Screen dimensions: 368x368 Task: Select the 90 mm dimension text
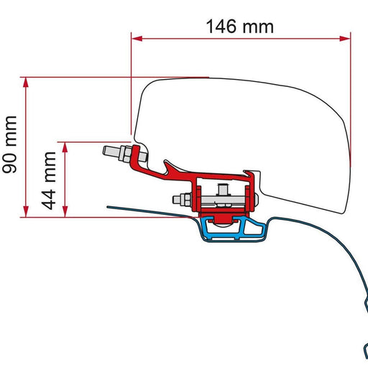(11, 146)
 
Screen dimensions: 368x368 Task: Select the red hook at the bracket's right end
(251, 175)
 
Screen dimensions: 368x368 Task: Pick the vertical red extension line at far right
(351, 93)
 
